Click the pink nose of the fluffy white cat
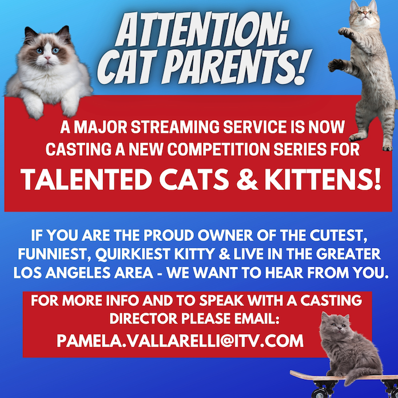click(x=47, y=58)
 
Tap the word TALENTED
click(x=86, y=179)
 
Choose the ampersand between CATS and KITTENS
click(x=248, y=179)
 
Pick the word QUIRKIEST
click(x=133, y=254)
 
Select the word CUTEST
click(x=339, y=236)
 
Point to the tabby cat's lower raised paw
click(x=336, y=65)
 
